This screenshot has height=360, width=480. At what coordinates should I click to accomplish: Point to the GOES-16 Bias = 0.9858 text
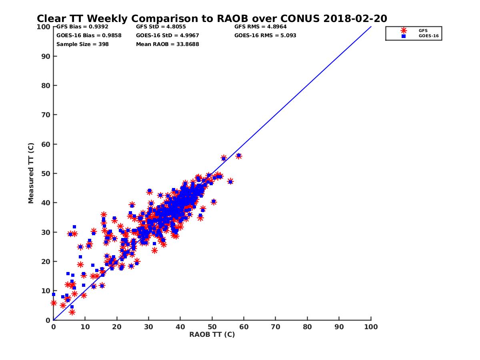coord(89,35)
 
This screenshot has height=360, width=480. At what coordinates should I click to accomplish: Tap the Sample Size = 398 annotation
coord(82,44)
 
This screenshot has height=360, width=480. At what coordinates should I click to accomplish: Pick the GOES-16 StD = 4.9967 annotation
coord(168,35)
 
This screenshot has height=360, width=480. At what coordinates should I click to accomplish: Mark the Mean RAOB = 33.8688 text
coord(167,44)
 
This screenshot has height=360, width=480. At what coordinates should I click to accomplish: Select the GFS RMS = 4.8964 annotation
coord(260,26)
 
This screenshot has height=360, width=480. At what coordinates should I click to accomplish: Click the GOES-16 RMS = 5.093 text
coord(265,35)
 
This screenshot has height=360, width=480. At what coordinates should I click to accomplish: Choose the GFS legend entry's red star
coord(404,30)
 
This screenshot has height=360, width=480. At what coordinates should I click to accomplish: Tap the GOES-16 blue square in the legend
coord(404,36)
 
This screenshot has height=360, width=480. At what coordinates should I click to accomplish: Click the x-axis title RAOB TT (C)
coord(212,334)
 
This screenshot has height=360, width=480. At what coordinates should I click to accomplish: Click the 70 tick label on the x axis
coord(276,326)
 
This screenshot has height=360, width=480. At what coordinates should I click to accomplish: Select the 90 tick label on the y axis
coord(46,56)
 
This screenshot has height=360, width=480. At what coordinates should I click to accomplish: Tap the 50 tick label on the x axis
coord(212,326)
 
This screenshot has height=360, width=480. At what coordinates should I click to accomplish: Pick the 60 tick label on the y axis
coord(46,144)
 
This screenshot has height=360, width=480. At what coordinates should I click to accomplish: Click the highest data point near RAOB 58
coord(239,155)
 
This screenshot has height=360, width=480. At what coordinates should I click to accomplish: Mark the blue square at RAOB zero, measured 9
coord(53,294)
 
